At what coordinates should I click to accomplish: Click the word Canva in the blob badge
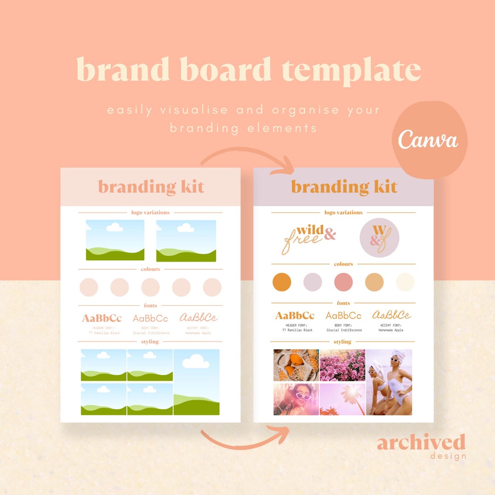tap(428, 139)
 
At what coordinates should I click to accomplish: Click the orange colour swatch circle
tap(281, 282)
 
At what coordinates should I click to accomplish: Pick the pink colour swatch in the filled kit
tap(343, 282)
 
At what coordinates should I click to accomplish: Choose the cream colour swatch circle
tap(405, 282)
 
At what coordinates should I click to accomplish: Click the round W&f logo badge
tap(379, 237)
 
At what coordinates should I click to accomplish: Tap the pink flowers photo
tap(342, 365)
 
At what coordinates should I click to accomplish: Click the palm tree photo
tap(342, 399)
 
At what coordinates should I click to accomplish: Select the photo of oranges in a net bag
tap(296, 365)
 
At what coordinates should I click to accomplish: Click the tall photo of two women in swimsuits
tap(389, 382)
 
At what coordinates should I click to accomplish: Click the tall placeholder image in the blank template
tap(196, 382)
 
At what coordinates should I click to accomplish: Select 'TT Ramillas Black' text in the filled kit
tap(297, 330)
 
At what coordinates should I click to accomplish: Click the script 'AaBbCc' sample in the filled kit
tap(391, 315)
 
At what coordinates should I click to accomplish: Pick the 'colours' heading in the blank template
tap(150, 269)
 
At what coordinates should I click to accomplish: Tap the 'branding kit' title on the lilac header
tap(344, 187)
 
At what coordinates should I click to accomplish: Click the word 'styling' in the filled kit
tap(342, 341)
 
